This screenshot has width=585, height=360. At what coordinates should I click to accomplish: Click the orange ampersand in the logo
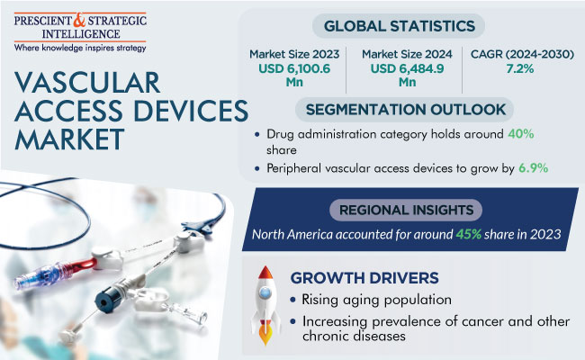click(79, 20)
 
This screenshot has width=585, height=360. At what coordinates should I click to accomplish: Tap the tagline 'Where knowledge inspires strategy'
click(80, 48)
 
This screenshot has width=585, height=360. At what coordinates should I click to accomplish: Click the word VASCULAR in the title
click(87, 83)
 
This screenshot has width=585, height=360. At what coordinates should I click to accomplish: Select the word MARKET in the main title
click(69, 139)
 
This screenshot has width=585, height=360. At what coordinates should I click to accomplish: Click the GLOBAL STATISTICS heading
click(399, 26)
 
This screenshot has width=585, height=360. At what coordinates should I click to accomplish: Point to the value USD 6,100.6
click(294, 68)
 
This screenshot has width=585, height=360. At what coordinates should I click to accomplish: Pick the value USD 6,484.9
click(407, 68)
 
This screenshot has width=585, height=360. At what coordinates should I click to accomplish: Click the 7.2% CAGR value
click(520, 68)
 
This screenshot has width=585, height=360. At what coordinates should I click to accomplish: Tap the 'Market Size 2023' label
click(294, 54)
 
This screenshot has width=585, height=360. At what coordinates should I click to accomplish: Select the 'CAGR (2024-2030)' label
click(522, 54)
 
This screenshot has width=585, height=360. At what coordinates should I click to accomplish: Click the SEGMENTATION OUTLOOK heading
click(406, 109)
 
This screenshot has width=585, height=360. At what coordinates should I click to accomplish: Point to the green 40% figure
click(521, 133)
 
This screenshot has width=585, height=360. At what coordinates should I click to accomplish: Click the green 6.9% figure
click(534, 168)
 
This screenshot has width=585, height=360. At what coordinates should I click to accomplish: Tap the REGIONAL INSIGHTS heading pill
click(406, 210)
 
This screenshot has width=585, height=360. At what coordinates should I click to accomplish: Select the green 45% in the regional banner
click(469, 234)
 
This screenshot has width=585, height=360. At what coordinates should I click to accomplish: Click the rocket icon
click(265, 305)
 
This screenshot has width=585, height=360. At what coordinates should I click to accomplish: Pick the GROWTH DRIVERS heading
click(364, 278)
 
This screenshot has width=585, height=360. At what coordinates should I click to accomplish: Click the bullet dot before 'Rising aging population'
click(292, 300)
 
